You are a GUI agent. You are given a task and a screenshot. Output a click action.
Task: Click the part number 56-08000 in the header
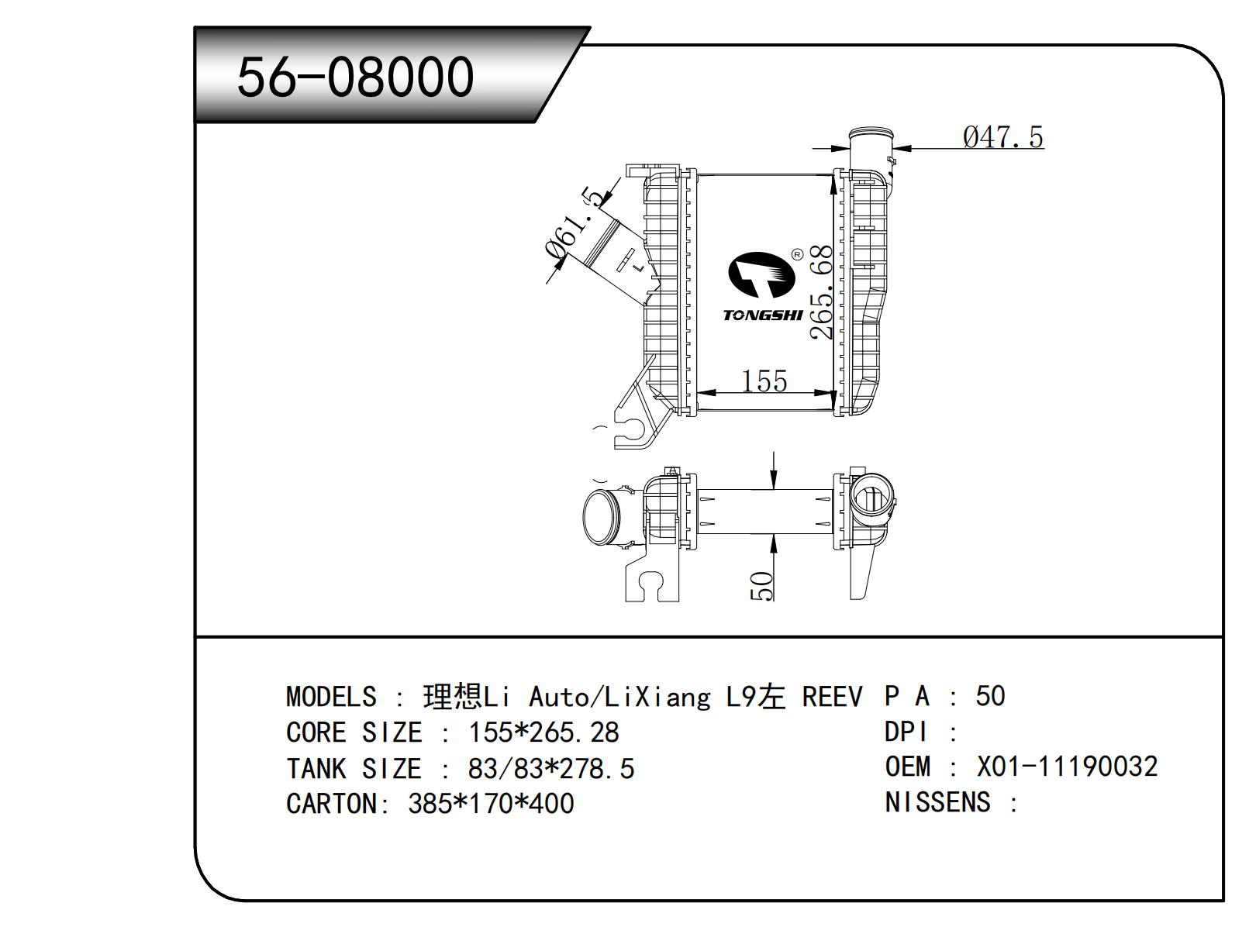tap(355, 77)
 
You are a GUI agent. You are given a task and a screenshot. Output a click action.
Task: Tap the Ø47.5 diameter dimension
tap(1003, 137)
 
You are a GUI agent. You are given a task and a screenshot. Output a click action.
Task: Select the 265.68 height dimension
tap(821, 293)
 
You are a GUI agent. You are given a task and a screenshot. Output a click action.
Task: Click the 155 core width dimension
tap(764, 381)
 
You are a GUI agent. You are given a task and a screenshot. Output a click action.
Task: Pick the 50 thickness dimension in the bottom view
tap(762, 585)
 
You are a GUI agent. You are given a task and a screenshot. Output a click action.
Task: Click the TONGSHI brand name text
tap(763, 315)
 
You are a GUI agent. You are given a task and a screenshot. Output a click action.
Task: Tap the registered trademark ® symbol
tap(796, 254)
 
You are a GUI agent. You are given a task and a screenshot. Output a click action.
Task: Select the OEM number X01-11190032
tap(1067, 767)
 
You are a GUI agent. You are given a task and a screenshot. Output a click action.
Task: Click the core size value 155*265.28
tap(543, 732)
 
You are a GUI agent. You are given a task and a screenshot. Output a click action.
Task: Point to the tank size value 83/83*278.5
tap(551, 768)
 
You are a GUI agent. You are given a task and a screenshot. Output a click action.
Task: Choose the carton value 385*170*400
tap(491, 803)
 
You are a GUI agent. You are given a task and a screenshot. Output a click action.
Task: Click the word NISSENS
tap(937, 802)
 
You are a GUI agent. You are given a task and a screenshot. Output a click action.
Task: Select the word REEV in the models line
tap(831, 697)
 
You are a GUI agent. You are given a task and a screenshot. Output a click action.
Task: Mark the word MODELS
tap(331, 697)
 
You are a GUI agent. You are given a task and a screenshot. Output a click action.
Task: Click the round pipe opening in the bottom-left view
tap(601, 517)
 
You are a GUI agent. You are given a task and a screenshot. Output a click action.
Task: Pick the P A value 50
tap(990, 695)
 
